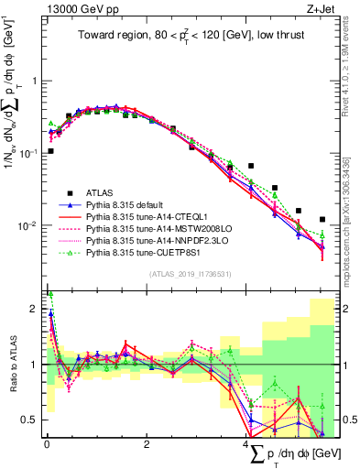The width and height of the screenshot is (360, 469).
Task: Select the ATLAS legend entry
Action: tap(101, 193)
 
